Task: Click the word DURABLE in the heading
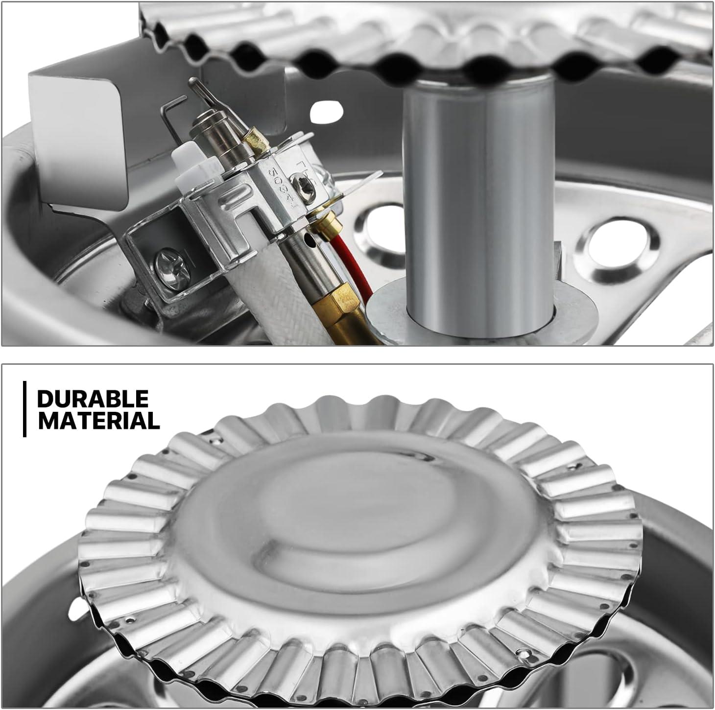tap(93, 399)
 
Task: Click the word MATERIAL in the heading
tap(99, 421)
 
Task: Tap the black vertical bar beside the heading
tap(24, 409)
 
